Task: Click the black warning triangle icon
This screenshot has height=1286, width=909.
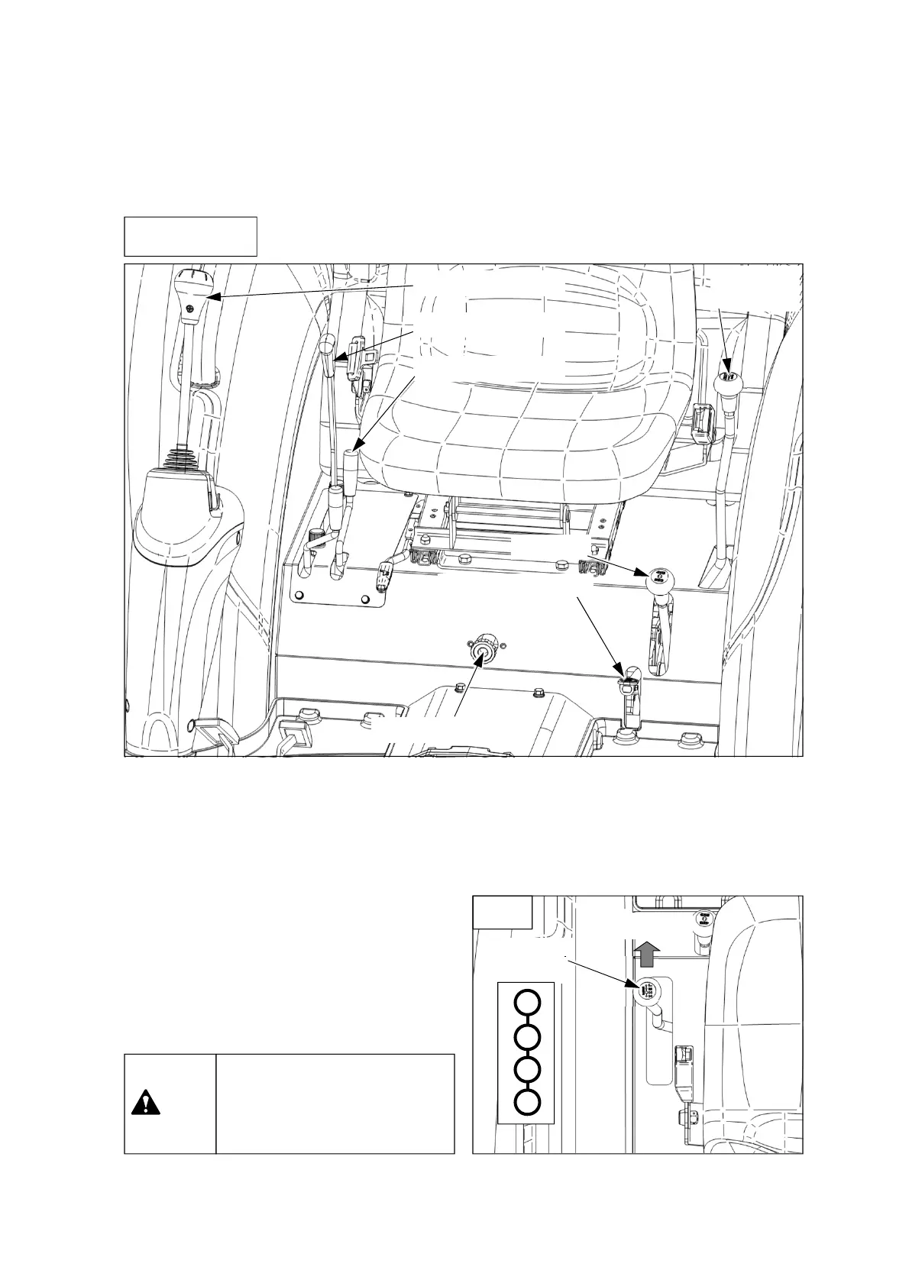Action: pyautogui.click(x=146, y=1104)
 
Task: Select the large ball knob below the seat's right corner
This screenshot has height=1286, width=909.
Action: pyautogui.click(x=662, y=582)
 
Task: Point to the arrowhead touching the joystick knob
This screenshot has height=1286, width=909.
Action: pyautogui.click(x=215, y=296)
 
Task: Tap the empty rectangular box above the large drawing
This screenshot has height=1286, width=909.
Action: pyautogui.click(x=190, y=236)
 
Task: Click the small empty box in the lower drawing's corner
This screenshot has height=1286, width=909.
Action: pyautogui.click(x=502, y=912)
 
